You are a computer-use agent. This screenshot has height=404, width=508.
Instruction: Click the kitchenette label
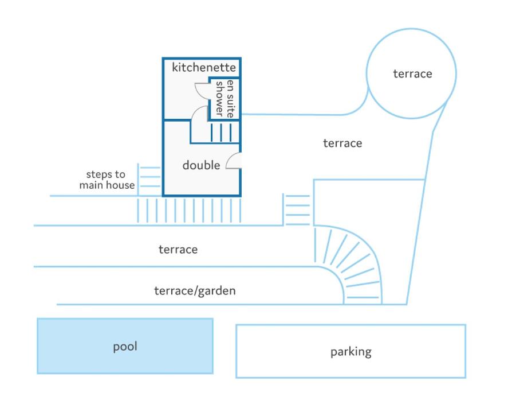coord(204,68)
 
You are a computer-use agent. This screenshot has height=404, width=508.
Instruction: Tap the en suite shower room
coord(224,99)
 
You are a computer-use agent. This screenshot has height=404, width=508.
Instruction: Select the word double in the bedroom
coord(201,165)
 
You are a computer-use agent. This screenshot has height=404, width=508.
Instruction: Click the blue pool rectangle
coord(125,346)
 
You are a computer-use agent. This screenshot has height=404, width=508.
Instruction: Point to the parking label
coord(351,352)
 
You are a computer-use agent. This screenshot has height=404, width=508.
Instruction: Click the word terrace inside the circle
coord(412,74)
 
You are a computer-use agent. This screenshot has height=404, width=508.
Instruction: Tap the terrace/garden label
coord(195,291)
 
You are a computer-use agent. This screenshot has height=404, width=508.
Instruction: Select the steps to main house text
coord(107,180)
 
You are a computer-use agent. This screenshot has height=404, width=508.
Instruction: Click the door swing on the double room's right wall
coord(233,161)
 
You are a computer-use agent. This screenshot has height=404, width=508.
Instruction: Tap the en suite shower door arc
coord(202,91)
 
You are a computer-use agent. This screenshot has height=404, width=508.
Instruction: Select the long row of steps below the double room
coord(189,211)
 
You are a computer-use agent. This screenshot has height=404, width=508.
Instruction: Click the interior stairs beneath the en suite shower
coord(221,133)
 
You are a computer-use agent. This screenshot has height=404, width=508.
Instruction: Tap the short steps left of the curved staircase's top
coord(297,209)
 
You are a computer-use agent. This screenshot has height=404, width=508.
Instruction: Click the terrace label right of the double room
coord(342,143)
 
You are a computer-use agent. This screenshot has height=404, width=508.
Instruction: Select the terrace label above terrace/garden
coord(178,250)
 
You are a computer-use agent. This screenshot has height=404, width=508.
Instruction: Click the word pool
coord(125,347)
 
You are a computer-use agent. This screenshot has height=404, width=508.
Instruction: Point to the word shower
coord(220,99)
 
